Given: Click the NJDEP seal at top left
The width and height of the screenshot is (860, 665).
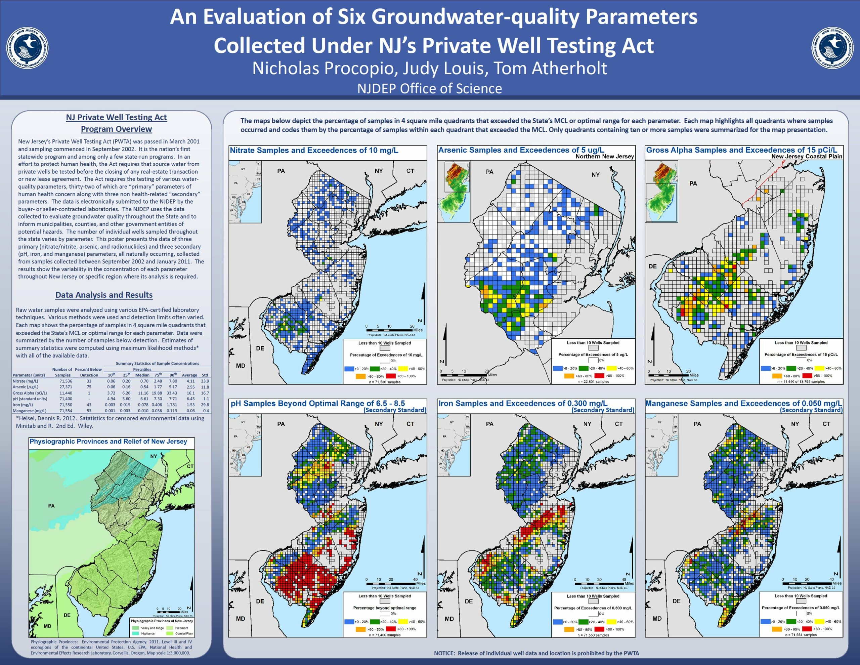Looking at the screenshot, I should pos(27,48).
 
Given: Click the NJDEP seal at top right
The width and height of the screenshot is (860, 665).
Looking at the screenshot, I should pos(832,48).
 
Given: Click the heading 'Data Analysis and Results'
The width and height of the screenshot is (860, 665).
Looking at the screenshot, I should pos(104,295).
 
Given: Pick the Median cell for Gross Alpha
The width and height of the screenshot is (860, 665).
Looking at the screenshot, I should pos(143,393).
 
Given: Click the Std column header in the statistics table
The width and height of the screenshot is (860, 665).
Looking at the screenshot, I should pos(205,375).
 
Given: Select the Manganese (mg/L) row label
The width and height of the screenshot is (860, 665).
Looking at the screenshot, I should pos(28,411).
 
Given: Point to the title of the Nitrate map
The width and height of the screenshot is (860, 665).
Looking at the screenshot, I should pos(314,150).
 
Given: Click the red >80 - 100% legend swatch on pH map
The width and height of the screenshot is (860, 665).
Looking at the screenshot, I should pos(391,629).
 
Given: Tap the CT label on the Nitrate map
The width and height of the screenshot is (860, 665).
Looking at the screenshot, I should pos(410,171).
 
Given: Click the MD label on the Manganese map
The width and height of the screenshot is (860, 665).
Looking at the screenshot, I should pos(657,619).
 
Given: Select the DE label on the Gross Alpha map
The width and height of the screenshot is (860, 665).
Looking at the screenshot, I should pos(652,266).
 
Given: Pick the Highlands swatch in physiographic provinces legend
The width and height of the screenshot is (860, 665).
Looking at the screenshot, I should pos(135,633).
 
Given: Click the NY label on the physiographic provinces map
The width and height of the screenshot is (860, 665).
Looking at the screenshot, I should pos(154,456).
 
